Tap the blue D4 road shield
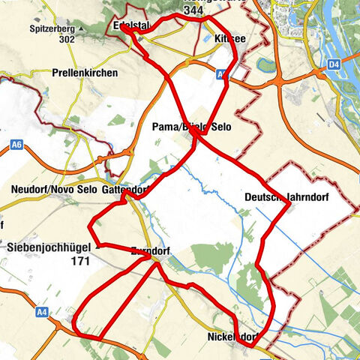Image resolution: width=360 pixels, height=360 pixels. pos(334,66)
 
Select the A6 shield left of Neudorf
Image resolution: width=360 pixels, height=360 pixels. pos(17,142)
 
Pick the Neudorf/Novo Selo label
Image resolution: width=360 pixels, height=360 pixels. pos(54,190)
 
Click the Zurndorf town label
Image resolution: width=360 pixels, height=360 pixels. pos(152,250)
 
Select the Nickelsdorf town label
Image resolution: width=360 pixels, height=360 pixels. pos(237,337)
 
